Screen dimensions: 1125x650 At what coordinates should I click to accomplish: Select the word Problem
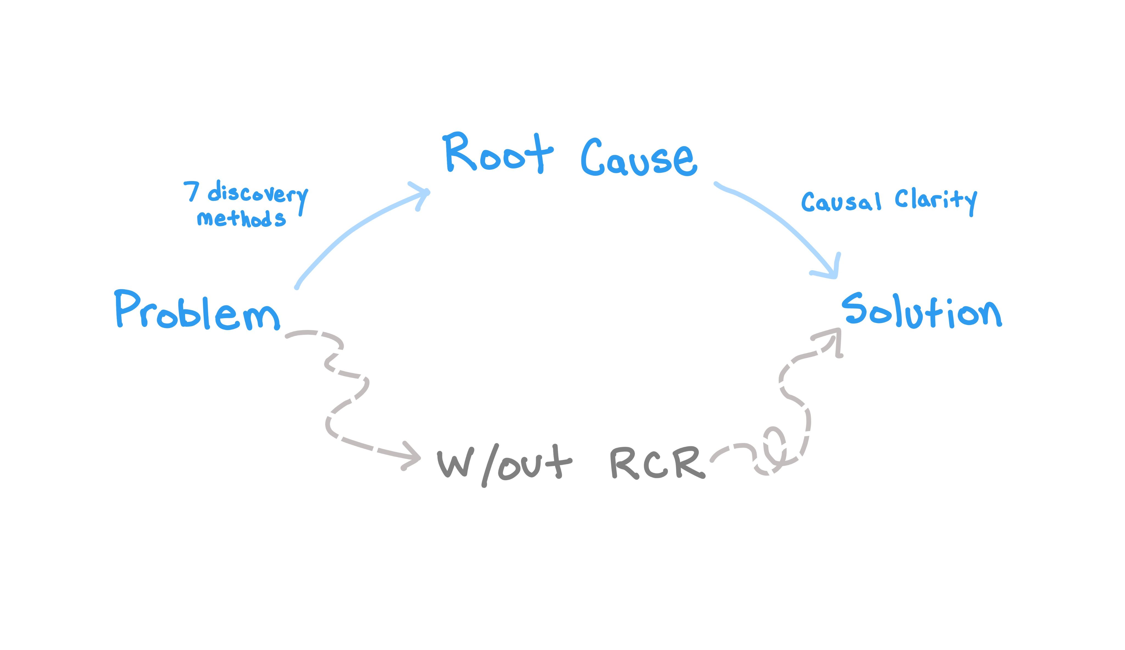197,310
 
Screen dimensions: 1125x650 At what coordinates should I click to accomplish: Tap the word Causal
841,202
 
